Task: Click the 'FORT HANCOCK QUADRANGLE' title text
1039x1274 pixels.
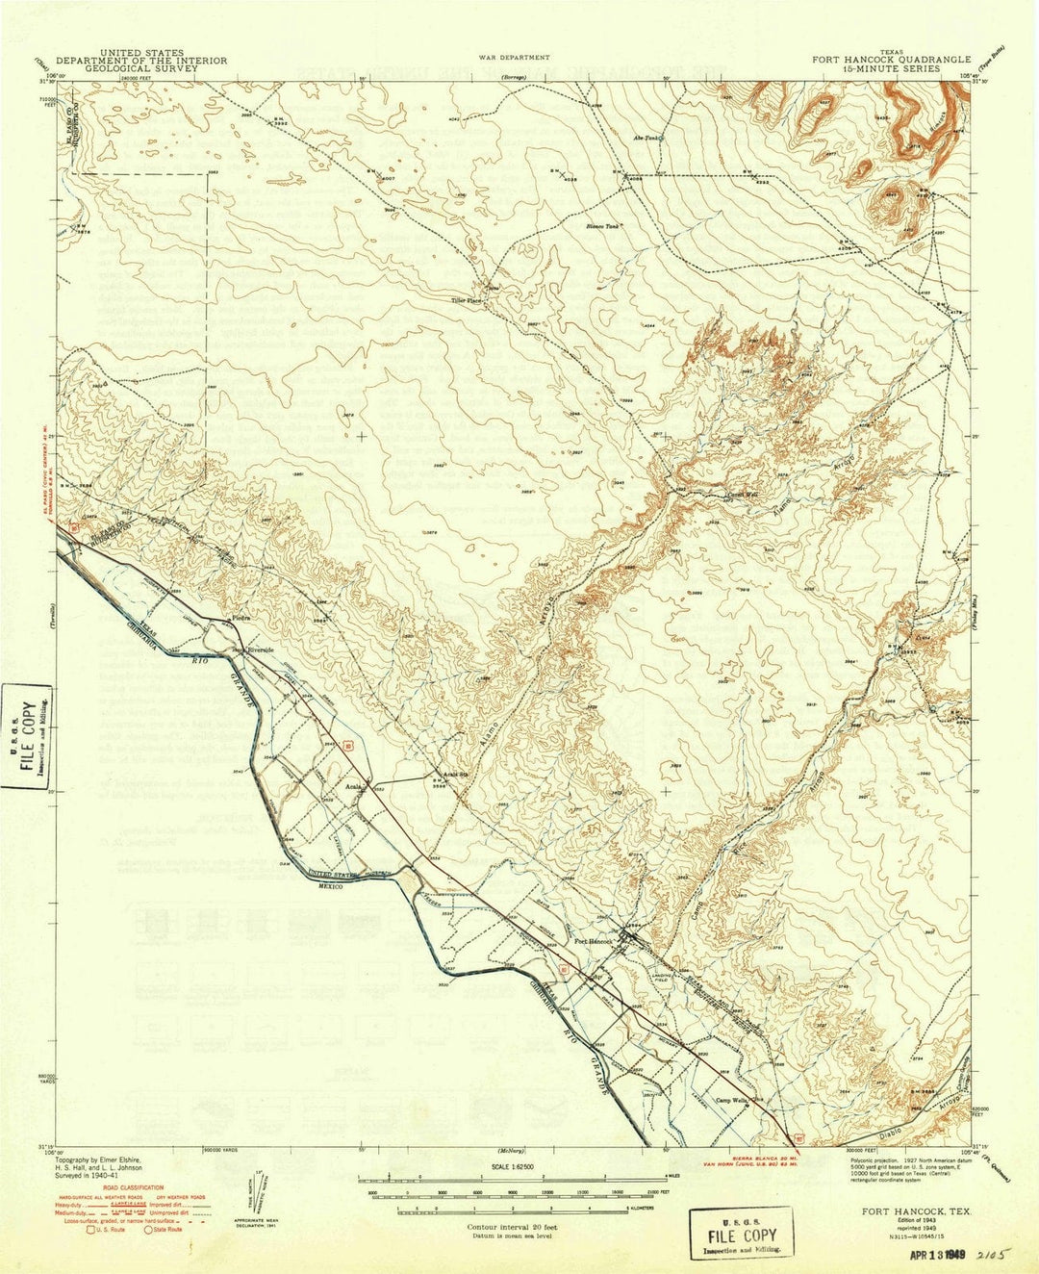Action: tap(891, 60)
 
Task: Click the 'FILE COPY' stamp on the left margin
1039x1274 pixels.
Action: tap(28, 733)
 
